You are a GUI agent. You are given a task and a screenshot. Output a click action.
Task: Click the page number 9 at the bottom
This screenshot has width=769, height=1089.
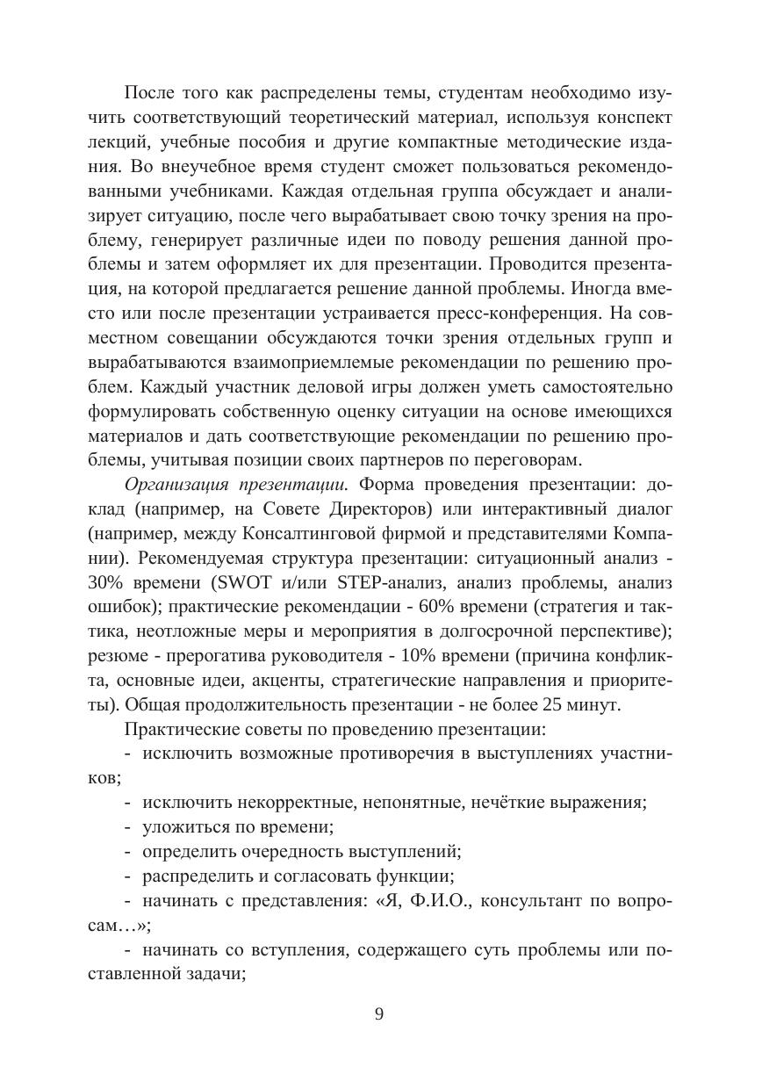(x=379, y=1014)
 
